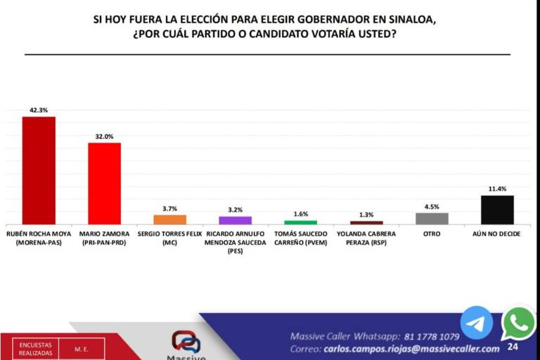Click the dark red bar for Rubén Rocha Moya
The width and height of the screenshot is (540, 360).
tap(39, 170)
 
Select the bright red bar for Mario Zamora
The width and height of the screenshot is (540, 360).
tap(104, 184)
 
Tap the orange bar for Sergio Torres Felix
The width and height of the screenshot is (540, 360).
tap(169, 219)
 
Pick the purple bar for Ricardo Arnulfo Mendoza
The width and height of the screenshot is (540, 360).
tap(235, 220)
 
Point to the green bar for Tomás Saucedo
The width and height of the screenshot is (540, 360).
tap(300, 222)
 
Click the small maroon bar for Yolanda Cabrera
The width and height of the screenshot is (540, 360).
tap(366, 223)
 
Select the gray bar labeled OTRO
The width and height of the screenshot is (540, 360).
tap(432, 219)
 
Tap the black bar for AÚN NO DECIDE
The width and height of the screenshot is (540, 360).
tap(497, 210)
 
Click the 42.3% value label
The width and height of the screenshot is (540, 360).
tap(39, 110)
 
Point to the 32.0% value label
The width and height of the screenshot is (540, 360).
tap(104, 136)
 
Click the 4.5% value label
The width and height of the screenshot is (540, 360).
tap(432, 207)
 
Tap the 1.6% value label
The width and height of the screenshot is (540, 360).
tap(300, 214)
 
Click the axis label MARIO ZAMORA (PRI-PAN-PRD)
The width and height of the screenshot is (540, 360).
tap(104, 238)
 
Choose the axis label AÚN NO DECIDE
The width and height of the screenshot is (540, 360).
tap(497, 233)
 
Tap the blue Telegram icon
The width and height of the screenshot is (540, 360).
tap(476, 323)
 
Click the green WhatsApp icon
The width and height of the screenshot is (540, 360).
tap(519, 323)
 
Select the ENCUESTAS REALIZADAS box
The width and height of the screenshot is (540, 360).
tap(35, 349)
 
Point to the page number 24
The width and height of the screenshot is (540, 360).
tap(513, 347)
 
